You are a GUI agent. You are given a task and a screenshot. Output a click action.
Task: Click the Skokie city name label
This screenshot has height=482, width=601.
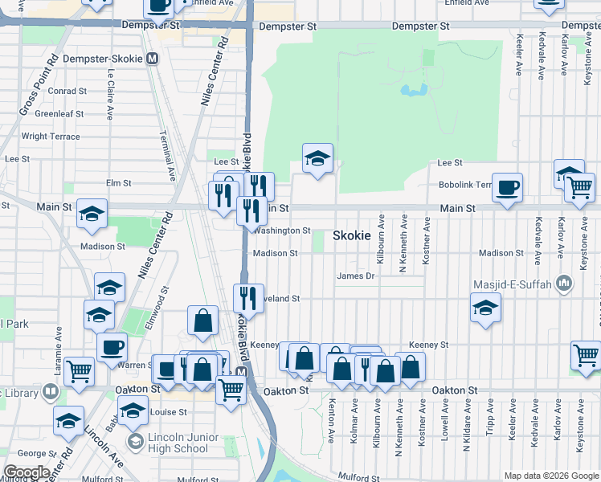pos(352,236)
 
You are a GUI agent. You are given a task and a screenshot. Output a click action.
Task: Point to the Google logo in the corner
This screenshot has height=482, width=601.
pos(27,472)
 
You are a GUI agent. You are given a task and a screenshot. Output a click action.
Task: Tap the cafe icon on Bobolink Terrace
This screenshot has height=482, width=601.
pos(507,189)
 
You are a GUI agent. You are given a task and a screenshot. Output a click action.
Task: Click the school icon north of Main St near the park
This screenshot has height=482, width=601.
pos(317,159)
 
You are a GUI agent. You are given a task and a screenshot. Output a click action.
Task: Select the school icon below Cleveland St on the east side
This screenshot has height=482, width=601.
pos(485,308)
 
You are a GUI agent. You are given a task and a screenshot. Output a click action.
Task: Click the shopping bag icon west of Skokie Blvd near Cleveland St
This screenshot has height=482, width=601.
pos(202,320)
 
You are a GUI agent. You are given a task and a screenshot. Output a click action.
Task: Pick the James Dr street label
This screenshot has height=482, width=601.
pos(356,276)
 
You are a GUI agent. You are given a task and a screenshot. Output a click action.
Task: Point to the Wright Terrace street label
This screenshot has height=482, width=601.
pos(51,137)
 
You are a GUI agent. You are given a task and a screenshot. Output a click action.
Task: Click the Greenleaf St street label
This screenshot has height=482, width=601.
pos(59,114)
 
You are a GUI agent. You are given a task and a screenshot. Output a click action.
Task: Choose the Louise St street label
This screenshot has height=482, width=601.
pos(168,412)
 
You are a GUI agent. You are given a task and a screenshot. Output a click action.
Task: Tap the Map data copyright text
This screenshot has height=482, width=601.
pos(551,476)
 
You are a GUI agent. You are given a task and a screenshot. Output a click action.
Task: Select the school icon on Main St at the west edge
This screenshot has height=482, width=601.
pos(92,214)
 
